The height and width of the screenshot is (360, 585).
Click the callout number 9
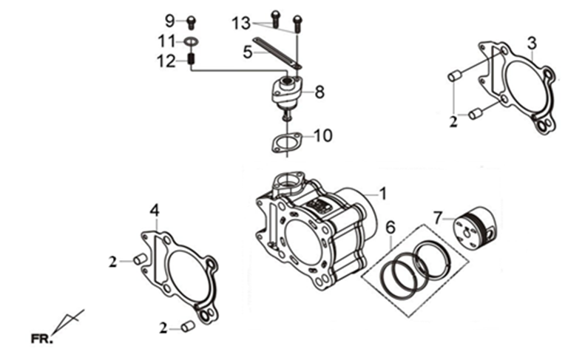click(x=169, y=19)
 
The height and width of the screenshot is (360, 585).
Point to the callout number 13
click(x=241, y=24)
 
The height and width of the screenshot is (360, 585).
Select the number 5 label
click(x=248, y=52)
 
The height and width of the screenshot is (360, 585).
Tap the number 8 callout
click(x=319, y=92)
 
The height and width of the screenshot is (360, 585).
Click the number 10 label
click(x=323, y=136)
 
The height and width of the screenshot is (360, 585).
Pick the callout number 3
click(x=532, y=42)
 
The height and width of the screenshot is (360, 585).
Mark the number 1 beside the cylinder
click(x=383, y=194)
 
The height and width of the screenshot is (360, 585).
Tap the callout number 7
click(x=439, y=217)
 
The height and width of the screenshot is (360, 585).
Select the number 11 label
click(x=166, y=40)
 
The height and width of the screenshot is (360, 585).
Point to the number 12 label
click(x=167, y=61)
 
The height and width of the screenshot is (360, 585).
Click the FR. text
click(x=42, y=339)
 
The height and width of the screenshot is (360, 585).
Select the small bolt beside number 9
click(x=191, y=21)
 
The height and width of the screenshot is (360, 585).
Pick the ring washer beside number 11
click(x=191, y=41)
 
